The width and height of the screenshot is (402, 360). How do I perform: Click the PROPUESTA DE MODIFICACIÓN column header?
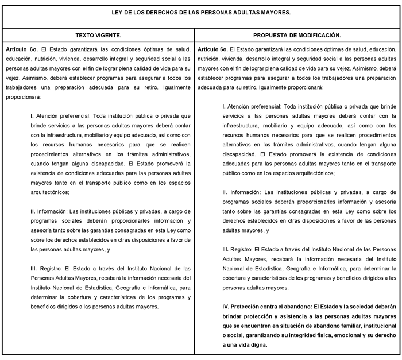297,36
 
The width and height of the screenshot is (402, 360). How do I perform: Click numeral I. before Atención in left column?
33,115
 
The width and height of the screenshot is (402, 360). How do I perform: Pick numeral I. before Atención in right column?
224,106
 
